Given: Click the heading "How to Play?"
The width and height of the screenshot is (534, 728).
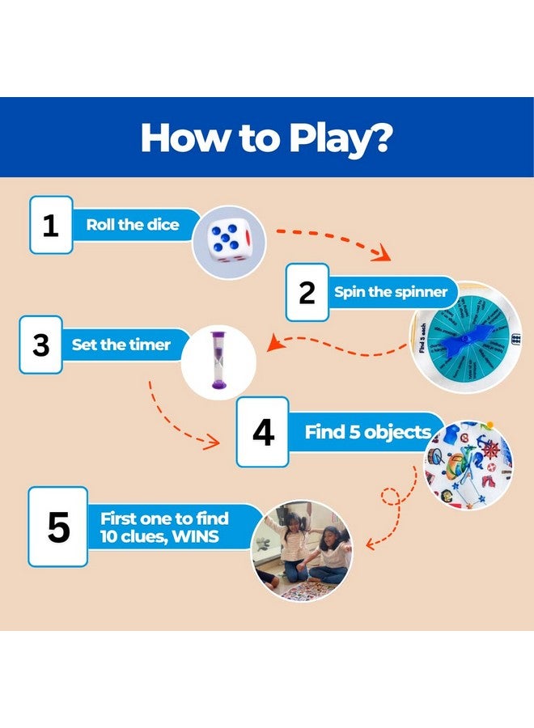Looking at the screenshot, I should (266, 138).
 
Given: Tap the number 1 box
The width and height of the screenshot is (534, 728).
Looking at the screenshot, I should (51, 225).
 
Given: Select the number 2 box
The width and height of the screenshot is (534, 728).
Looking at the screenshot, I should (307, 292).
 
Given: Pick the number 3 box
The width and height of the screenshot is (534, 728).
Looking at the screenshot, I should (40, 345).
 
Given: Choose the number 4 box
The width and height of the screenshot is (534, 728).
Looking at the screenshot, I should (262, 432).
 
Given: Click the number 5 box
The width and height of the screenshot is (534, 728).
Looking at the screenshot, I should (57, 527).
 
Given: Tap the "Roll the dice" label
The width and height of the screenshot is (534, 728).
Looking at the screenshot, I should (133, 225).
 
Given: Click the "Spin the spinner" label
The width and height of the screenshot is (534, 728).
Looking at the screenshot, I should (391, 292).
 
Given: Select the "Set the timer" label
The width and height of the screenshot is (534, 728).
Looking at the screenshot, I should (121, 345).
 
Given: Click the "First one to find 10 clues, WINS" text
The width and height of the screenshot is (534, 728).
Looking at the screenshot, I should (164, 527).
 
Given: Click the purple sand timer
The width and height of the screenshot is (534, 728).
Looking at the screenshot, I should (218, 362).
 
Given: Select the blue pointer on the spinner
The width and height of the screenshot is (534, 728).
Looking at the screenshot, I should (469, 336).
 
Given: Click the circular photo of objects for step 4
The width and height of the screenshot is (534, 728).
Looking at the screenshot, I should (468, 464).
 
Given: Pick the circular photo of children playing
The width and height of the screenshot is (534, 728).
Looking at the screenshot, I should (303, 550).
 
